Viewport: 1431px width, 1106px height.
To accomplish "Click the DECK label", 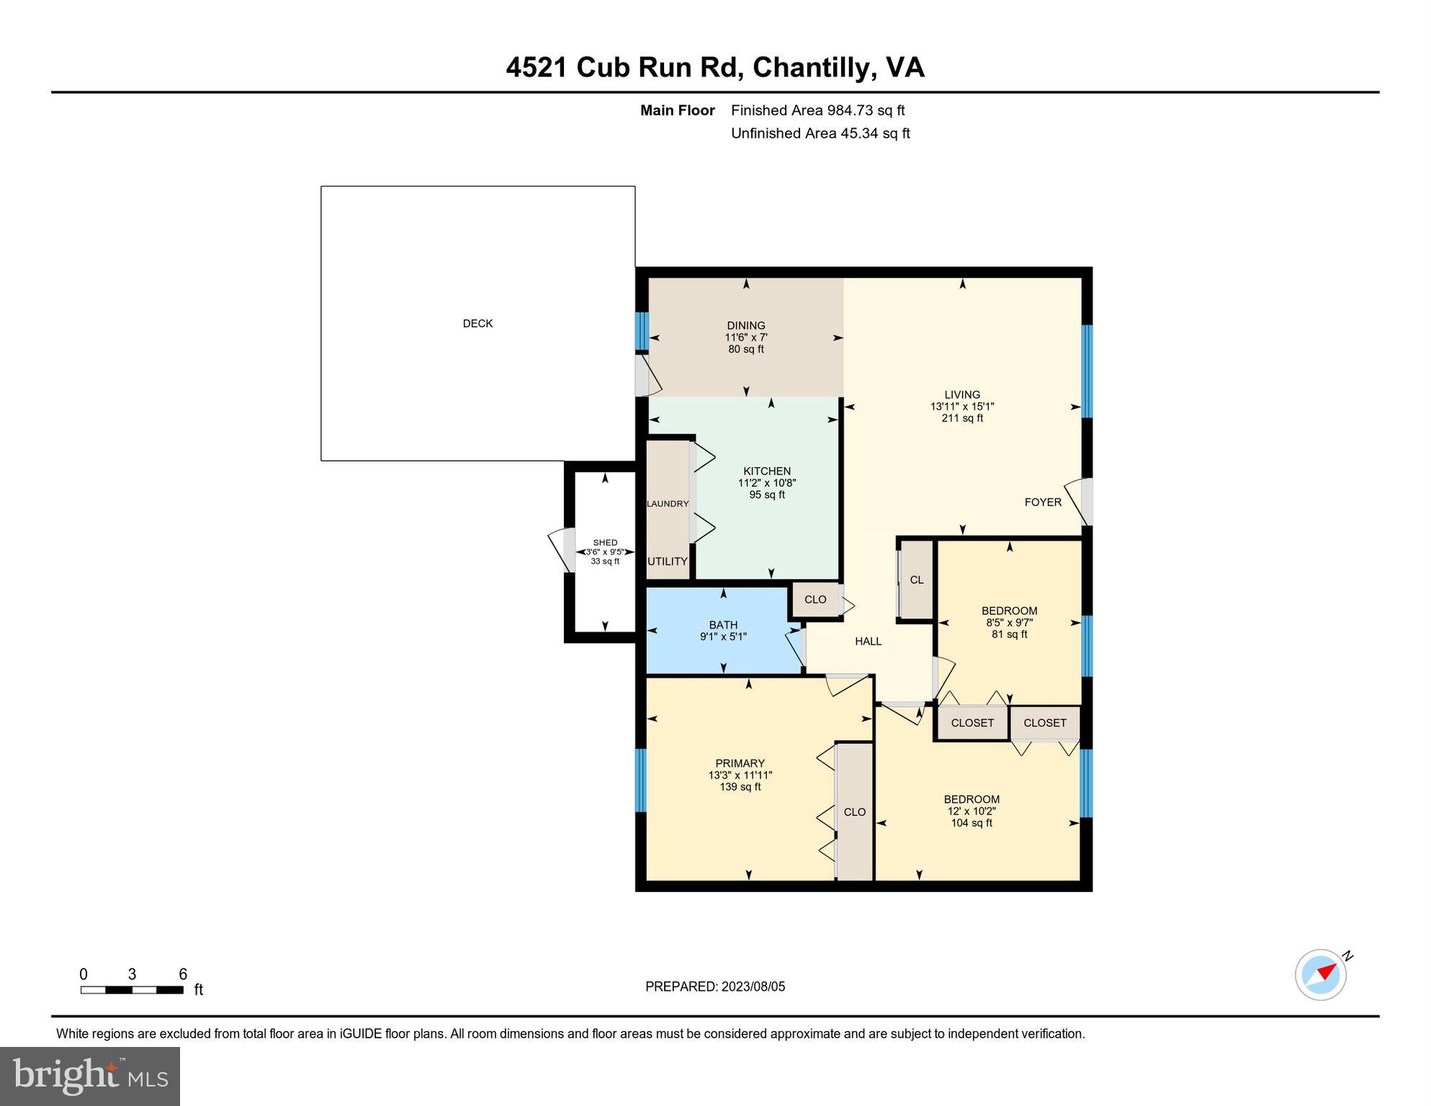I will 477,323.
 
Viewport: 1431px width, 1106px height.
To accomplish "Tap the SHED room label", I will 605,542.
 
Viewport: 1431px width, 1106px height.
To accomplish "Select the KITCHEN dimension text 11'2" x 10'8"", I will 766,483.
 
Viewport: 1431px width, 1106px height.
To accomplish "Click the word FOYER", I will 1042,502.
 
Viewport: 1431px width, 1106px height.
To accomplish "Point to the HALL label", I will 868,641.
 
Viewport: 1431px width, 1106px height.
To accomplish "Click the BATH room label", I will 723,625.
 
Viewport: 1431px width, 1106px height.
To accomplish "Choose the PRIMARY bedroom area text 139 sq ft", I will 740,787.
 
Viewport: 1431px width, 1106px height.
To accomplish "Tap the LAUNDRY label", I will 668,503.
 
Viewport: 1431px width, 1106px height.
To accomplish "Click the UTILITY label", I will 668,561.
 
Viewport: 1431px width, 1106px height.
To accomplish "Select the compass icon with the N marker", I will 1322,974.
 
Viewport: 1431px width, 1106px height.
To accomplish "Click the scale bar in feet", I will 132,989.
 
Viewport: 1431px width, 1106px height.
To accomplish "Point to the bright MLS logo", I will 90,1076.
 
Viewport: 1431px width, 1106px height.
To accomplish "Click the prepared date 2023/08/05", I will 749,986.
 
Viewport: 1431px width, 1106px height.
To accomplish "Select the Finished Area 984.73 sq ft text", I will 817,110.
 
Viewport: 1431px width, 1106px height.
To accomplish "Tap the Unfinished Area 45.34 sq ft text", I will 820,133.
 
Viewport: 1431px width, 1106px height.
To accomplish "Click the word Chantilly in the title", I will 813,67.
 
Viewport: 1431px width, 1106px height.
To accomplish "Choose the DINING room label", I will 745,325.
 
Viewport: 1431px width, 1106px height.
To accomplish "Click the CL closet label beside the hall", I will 916,580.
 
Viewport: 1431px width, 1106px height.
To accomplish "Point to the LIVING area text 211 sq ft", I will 961,418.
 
